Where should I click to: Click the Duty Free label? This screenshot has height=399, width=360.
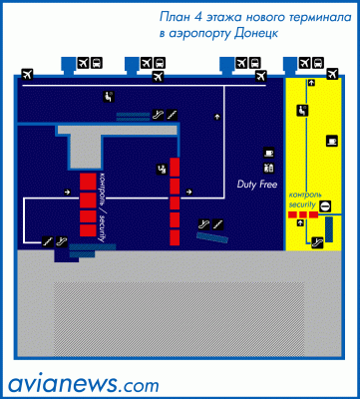(x=257, y=185)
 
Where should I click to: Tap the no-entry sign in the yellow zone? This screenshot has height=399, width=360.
(x=325, y=206)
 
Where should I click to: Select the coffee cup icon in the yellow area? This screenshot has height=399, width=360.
(x=332, y=141)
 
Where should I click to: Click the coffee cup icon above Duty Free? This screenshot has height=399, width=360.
(x=268, y=153)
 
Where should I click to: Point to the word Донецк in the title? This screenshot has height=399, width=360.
(x=255, y=34)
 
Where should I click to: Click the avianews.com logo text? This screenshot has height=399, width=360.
(x=83, y=384)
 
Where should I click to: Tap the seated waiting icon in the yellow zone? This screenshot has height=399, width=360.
(x=302, y=110)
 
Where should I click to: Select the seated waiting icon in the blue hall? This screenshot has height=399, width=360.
(x=109, y=97)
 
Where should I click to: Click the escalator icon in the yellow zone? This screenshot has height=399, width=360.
(x=317, y=242)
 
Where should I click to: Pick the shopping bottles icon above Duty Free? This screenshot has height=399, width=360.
(x=268, y=168)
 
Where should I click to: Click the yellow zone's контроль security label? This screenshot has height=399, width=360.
(x=305, y=199)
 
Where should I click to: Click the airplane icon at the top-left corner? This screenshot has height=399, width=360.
(x=27, y=74)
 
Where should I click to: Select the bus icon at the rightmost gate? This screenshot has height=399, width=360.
(x=318, y=62)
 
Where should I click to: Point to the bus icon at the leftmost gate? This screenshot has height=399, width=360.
(x=97, y=62)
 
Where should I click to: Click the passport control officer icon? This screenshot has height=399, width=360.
(x=162, y=169)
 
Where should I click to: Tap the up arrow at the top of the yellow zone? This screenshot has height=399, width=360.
(x=311, y=83)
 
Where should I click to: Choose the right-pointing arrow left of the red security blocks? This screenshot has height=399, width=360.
(x=67, y=192)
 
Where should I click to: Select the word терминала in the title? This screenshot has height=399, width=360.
(x=319, y=17)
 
